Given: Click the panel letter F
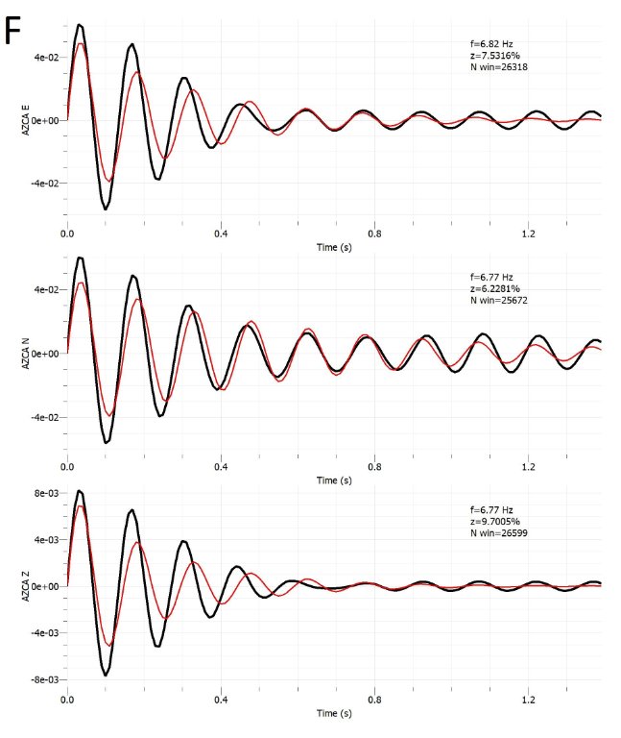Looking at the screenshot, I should [14, 30].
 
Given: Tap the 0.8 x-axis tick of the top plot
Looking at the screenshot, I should [374, 233].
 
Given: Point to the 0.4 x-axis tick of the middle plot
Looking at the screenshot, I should [221, 465].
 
